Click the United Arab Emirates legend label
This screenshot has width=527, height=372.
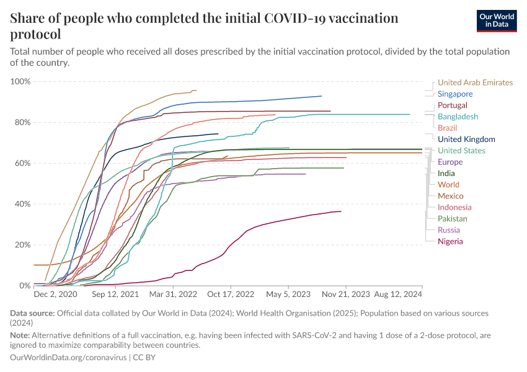point(475,82)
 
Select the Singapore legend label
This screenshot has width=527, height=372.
point(455,94)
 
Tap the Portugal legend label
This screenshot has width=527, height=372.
point(453,105)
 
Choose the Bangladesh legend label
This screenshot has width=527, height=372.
point(458,117)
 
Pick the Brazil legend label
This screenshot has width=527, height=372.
point(447,128)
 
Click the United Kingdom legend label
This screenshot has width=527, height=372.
point(466,139)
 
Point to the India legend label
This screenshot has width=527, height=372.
point(446,174)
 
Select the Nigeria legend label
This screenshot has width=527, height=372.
point(450,241)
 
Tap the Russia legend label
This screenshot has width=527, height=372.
point(449,230)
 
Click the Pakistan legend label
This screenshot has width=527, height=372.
point(453,218)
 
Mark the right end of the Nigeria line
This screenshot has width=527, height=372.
point(341,211)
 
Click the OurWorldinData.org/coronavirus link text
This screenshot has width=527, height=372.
point(69,358)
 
